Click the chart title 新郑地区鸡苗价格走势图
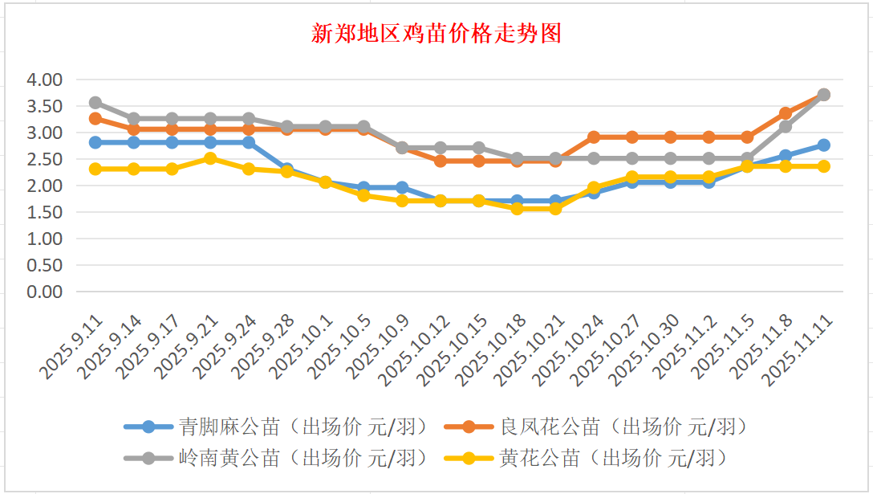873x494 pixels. click(x=436, y=34)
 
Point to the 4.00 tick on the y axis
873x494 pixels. click(x=44, y=80)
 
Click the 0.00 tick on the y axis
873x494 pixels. click(x=44, y=292)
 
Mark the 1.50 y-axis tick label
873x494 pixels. click(x=44, y=213)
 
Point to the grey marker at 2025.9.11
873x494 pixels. click(x=95, y=103)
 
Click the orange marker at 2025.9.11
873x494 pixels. click(x=95, y=119)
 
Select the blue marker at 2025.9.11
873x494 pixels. click(x=95, y=142)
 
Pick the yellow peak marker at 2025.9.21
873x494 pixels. click(x=210, y=158)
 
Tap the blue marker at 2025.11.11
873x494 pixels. click(x=823, y=145)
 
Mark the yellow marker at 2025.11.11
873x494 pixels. click(x=823, y=166)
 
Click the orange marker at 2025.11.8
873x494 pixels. click(x=786, y=113)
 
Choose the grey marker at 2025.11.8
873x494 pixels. click(x=786, y=127)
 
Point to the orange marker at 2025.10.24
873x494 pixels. click(x=594, y=137)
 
